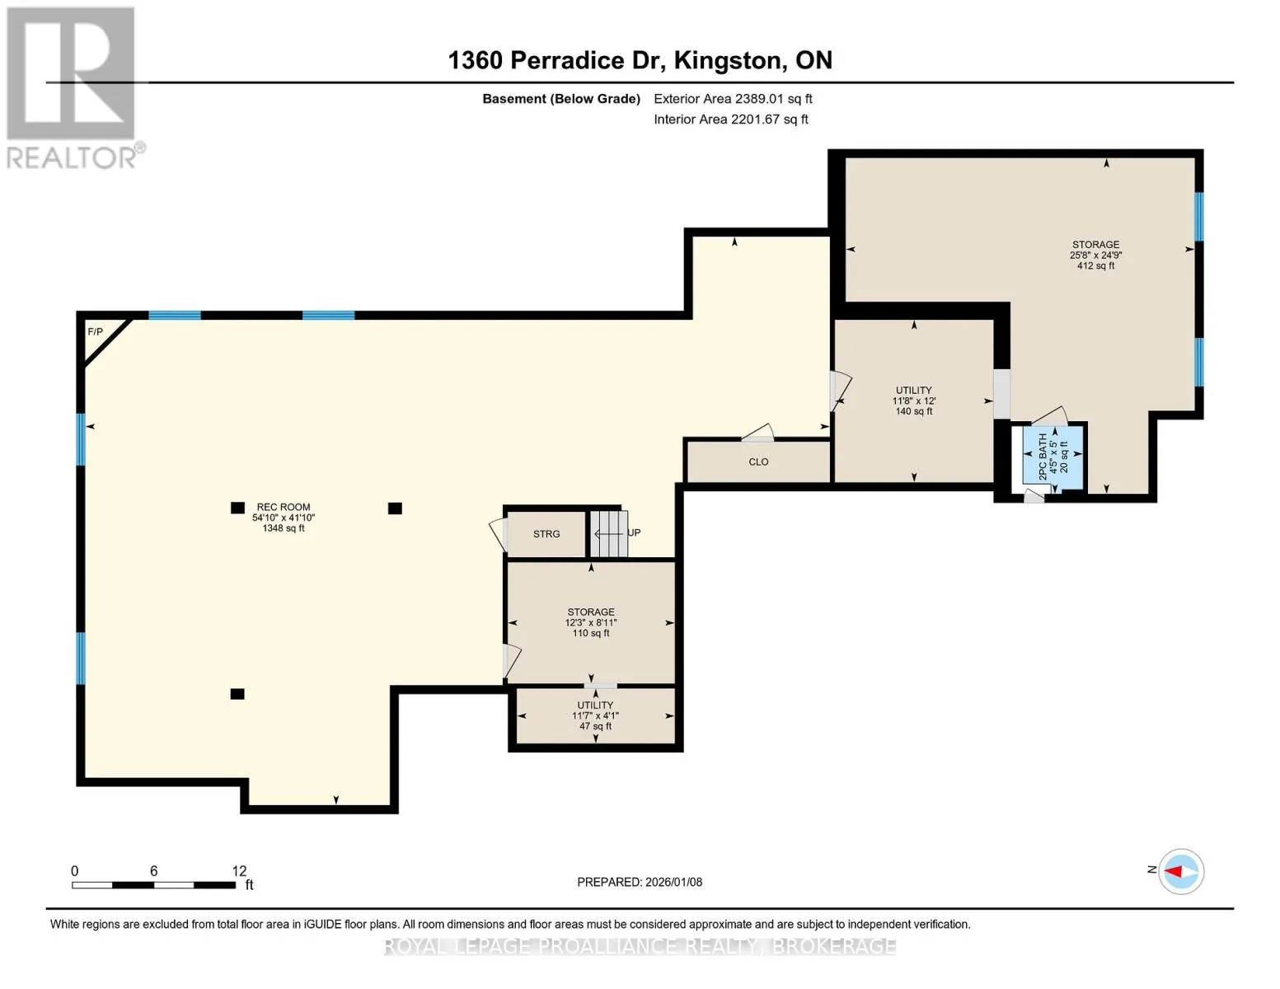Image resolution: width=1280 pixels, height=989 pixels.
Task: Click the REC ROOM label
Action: tap(284, 507)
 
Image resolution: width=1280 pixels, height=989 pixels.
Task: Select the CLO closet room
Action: tap(759, 462)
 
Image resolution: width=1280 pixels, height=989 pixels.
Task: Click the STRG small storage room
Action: tap(546, 534)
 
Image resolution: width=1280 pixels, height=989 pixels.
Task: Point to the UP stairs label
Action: tap(634, 532)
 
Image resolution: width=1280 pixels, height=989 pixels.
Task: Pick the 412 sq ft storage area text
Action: tap(1095, 265)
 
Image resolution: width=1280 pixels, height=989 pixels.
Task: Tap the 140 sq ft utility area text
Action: tap(913, 411)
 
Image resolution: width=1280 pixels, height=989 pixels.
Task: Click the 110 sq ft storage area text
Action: tap(591, 633)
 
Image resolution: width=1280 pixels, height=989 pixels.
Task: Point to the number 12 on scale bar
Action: tap(239, 870)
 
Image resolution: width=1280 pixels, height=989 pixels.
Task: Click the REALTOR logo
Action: tap(73, 87)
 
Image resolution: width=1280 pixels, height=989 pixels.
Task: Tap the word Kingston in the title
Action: tap(728, 60)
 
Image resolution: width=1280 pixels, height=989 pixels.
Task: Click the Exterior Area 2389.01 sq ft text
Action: tap(733, 99)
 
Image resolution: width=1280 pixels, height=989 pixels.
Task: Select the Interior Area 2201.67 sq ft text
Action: tap(730, 119)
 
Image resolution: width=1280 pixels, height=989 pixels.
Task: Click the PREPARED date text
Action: tap(640, 882)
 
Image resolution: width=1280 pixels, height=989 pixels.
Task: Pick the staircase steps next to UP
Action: tap(609, 534)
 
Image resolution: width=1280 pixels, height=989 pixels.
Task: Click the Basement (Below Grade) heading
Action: tap(561, 99)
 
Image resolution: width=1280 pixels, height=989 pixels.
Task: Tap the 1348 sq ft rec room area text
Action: tap(284, 528)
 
